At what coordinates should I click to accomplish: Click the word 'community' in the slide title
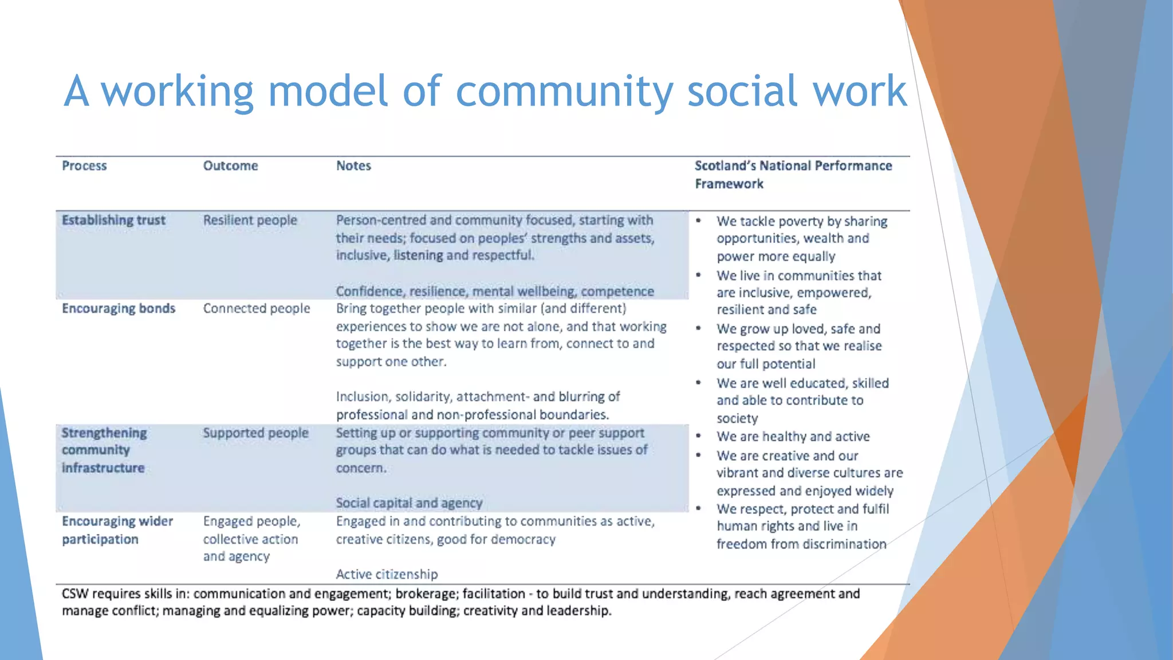(564, 92)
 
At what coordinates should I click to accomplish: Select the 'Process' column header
(84, 166)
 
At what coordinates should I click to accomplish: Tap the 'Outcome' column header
(230, 166)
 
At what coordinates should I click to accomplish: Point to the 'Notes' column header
(353, 166)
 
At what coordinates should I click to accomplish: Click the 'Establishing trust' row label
(113, 220)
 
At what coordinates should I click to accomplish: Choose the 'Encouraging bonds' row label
(119, 308)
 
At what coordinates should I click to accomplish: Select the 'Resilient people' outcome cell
(250, 220)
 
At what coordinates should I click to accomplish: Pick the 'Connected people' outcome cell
(256, 308)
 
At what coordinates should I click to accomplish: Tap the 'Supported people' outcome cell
(255, 433)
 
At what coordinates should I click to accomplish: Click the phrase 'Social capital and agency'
(409, 502)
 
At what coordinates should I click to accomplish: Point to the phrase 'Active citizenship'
(387, 574)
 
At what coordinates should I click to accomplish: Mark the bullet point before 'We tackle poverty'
(699, 221)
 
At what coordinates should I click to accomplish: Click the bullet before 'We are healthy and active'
(699, 436)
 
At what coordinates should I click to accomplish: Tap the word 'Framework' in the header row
(729, 184)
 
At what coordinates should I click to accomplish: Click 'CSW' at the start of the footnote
(74, 594)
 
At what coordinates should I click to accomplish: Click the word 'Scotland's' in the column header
(725, 166)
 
